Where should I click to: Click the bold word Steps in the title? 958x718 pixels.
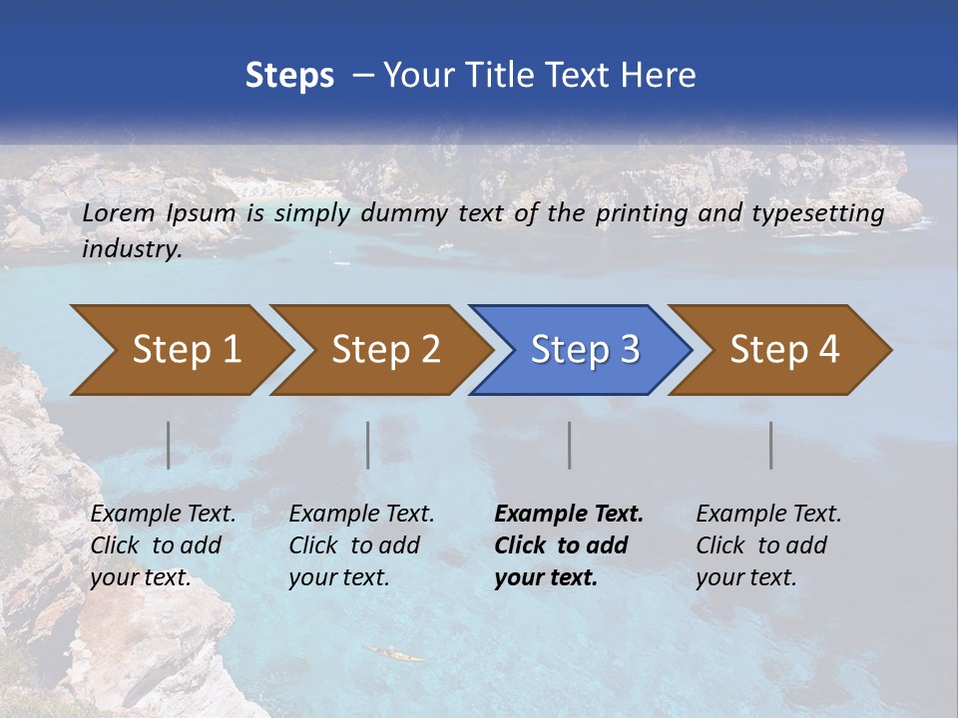pos(289,76)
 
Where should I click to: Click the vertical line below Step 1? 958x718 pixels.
pos(169,445)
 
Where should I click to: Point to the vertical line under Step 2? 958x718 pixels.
pos(368,445)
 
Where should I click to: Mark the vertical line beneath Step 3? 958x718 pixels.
pos(570,445)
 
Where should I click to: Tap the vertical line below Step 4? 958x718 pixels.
pos(771,445)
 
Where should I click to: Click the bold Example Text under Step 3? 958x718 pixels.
pos(569,515)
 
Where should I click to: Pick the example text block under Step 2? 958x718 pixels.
pos(361,545)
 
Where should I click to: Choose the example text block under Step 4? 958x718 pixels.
pos(768,545)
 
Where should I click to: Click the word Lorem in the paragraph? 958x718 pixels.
pos(119,213)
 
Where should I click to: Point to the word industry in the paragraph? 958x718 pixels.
pos(131,249)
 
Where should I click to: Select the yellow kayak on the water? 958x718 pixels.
pos(394,654)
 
